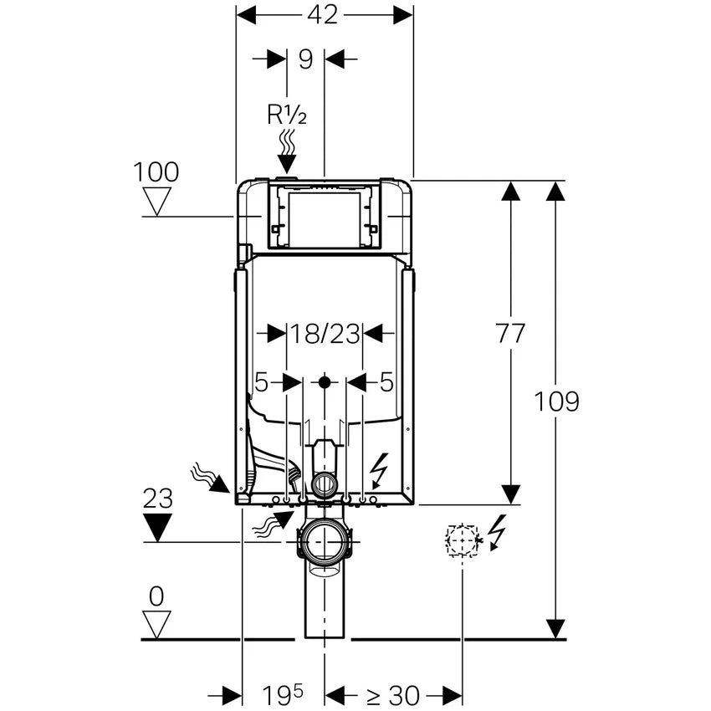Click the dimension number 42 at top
point(322,14)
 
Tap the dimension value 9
point(305,59)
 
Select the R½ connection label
point(286,115)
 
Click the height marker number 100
point(156,172)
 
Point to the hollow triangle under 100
point(156,201)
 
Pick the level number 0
point(156,596)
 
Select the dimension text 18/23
point(325,334)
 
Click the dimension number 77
point(509,333)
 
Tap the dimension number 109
point(556,402)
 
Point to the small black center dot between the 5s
point(325,383)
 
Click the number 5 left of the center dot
point(262,383)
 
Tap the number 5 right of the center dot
point(386,383)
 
